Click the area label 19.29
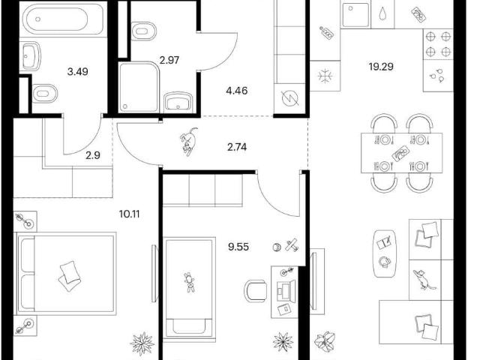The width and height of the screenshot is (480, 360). [381, 67]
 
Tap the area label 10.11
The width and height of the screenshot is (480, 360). [129, 214]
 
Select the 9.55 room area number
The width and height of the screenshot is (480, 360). [238, 247]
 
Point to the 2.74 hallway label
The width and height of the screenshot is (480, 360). [237, 147]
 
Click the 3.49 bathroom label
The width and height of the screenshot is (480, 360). [77, 72]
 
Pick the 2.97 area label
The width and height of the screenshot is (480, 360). [169, 60]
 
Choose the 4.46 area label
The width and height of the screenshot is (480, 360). [237, 91]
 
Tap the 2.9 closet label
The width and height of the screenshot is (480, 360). [93, 155]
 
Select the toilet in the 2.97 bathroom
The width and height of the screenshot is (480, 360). [144, 31]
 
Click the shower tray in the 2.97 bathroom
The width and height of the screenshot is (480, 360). [139, 87]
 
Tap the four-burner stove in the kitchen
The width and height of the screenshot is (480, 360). [438, 44]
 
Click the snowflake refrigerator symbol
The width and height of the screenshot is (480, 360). [325, 76]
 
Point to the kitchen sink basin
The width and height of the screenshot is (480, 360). [355, 15]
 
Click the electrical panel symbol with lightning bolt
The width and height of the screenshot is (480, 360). [290, 98]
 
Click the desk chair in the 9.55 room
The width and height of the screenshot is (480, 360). [255, 292]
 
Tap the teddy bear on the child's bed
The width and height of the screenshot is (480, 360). [190, 282]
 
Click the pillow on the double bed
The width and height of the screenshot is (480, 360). [70, 276]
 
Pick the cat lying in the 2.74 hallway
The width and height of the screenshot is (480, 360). [188, 142]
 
